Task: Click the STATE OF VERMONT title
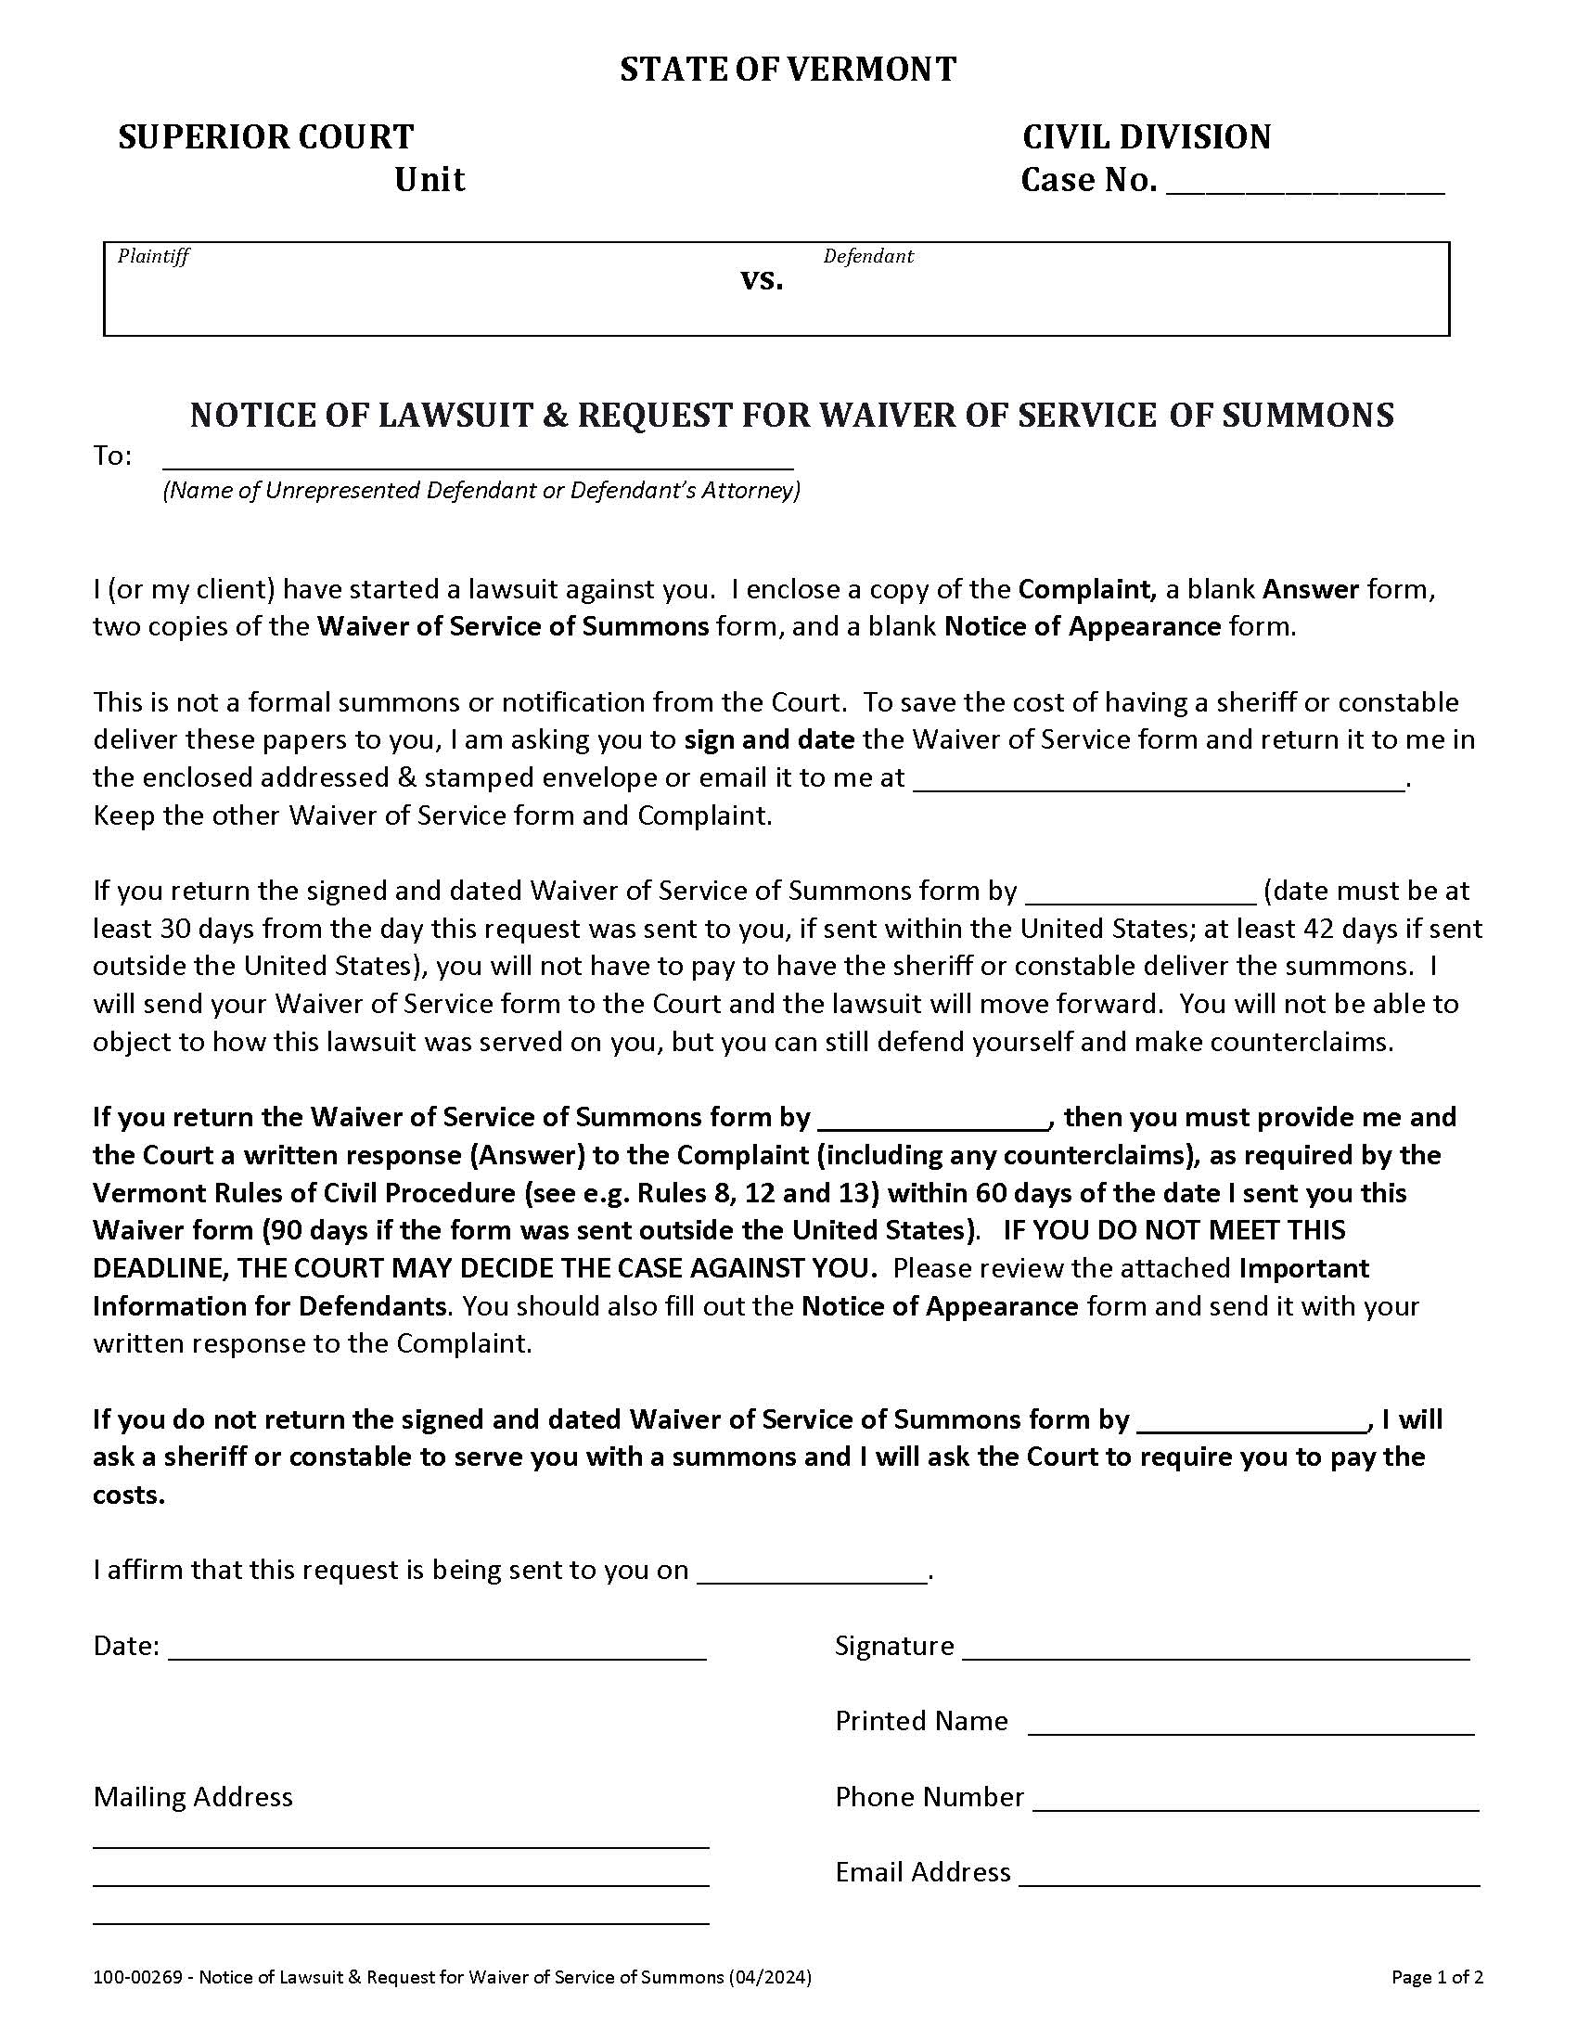(788, 71)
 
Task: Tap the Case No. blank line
(1305, 186)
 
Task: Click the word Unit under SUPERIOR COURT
(429, 179)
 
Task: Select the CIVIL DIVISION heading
(1147, 137)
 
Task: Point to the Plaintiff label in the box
(153, 256)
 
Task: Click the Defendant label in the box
(867, 256)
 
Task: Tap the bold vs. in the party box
(762, 279)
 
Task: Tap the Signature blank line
(1215, 1651)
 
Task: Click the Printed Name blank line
(1250, 1727)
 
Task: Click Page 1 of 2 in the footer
(1437, 1976)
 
